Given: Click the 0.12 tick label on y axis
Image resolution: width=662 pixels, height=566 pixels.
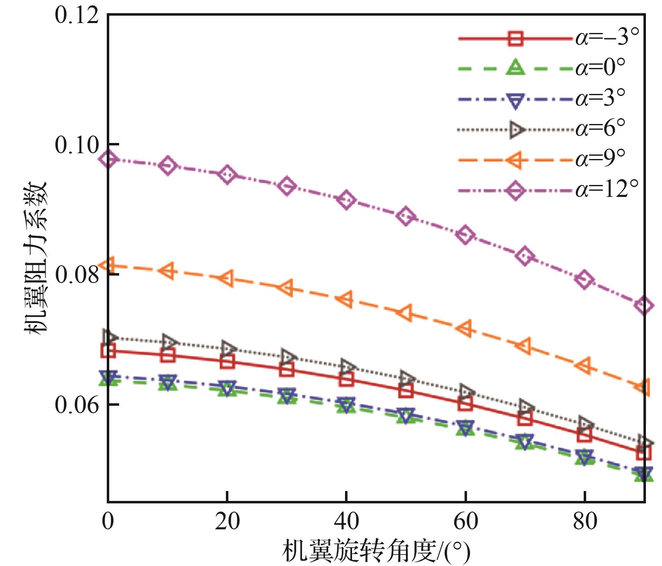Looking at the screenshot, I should point(77,15).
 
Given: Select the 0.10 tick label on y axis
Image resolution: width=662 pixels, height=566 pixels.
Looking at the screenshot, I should point(77,145).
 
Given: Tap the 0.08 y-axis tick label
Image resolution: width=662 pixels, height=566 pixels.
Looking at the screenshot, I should point(77,274).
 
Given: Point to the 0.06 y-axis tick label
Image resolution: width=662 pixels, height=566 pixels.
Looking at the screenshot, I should point(77,404).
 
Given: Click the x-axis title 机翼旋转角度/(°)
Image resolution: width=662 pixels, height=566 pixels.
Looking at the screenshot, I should point(376,551).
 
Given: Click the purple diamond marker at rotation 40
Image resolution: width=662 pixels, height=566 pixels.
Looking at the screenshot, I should point(346,200).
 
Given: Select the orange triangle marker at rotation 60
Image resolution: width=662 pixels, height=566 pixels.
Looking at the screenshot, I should point(465,328).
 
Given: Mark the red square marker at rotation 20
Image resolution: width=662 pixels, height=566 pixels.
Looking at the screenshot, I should point(227,362).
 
